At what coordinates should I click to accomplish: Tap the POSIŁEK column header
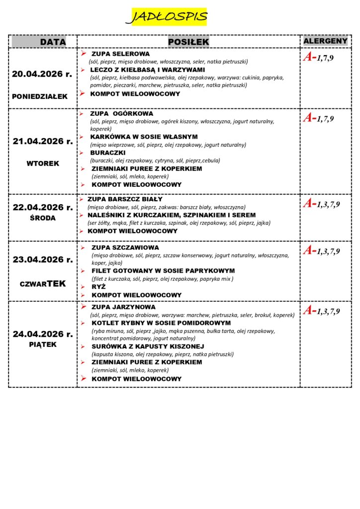coord(188,42)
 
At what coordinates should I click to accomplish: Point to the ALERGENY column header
coord(325,41)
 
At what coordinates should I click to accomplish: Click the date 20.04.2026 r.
coord(42,74)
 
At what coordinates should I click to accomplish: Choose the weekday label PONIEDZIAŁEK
coord(40,96)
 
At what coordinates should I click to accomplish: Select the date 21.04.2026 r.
coord(43,141)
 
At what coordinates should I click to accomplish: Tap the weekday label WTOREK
coord(43,163)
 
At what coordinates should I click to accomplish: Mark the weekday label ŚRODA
coord(43,218)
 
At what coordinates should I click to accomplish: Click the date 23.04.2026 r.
coord(43,259)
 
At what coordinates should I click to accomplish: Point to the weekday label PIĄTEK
coord(43,344)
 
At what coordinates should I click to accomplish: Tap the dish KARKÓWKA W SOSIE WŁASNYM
coord(144,137)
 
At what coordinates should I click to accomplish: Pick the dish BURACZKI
coord(108,153)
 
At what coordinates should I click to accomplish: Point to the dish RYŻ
coord(99,287)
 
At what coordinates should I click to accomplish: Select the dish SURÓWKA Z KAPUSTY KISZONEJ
coord(148,346)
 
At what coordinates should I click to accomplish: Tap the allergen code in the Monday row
coord(318,58)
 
